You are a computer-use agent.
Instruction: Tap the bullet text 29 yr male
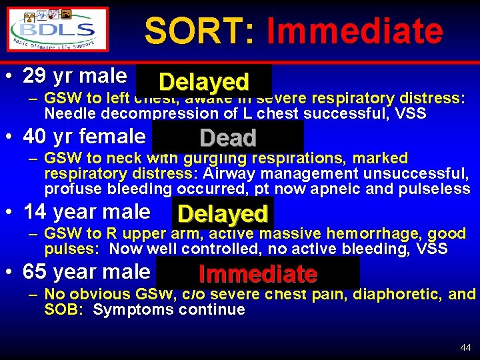coord(75,76)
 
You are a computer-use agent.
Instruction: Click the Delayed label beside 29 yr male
coord(204,82)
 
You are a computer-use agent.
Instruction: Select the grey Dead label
coord(228,138)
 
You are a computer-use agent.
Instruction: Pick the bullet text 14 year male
coord(87,212)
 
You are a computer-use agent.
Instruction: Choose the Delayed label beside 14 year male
coord(223,214)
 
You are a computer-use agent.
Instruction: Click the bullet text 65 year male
coord(87,272)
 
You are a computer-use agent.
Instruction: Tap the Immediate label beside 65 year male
coord(257,274)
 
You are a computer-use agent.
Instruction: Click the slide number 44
coord(465,348)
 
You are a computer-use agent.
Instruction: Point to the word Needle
coord(67,113)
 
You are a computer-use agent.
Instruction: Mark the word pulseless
coord(435,189)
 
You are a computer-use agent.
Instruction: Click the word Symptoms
coord(126,310)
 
